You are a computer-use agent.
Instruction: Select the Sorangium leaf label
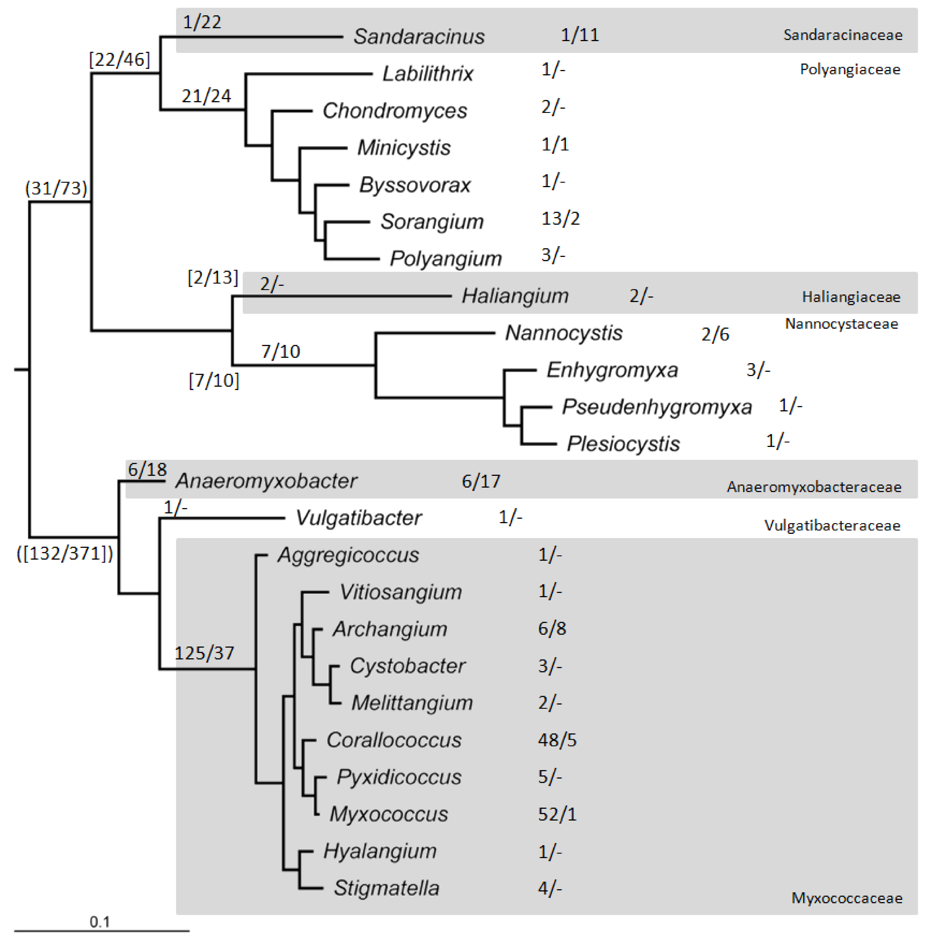point(432,222)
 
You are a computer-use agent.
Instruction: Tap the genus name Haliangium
point(515,296)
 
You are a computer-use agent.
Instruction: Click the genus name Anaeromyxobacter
point(266,481)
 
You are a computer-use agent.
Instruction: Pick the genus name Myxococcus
point(388,814)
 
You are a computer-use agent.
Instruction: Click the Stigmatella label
point(386,888)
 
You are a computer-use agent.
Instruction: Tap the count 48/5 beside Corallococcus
point(557,740)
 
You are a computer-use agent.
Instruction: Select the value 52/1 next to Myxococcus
point(557,814)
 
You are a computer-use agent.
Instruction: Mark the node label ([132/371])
point(65,553)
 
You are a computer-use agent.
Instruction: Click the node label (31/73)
point(56,188)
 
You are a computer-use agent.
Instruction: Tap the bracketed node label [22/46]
point(119,59)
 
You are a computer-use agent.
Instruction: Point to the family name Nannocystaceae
point(841,324)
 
